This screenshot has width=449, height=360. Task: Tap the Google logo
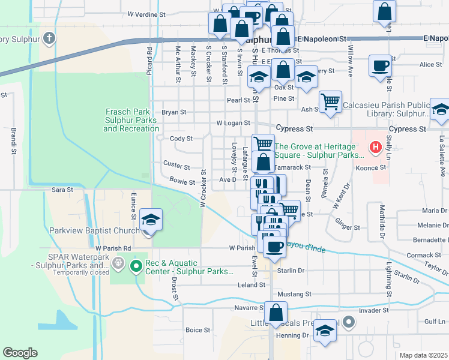20,352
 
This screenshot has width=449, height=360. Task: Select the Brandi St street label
12,140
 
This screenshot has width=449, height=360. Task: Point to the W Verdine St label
146,14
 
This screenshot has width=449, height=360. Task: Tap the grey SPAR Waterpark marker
118,262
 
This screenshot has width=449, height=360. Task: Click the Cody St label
181,139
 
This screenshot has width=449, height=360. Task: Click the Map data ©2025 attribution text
423,355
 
